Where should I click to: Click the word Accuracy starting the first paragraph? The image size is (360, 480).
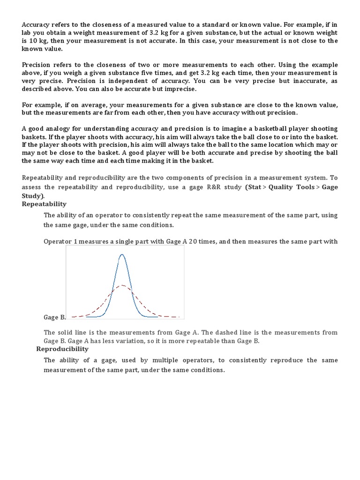37,24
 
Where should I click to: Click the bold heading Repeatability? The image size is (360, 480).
44,204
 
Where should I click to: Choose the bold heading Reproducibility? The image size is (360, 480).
62,349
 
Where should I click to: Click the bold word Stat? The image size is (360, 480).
255,187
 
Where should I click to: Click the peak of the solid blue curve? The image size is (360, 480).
122,255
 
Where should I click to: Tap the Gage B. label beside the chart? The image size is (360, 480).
55,317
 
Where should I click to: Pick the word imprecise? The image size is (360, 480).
180,89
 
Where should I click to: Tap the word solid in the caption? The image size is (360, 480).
65,332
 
